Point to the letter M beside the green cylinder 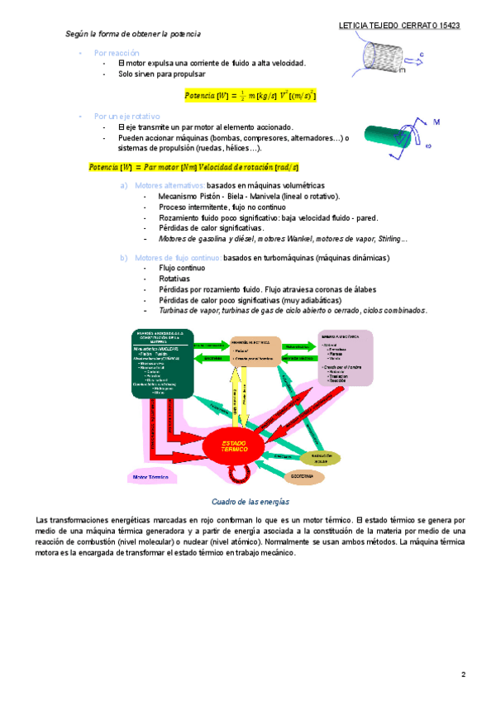coord(436,122)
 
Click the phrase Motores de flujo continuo coord(177,258)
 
